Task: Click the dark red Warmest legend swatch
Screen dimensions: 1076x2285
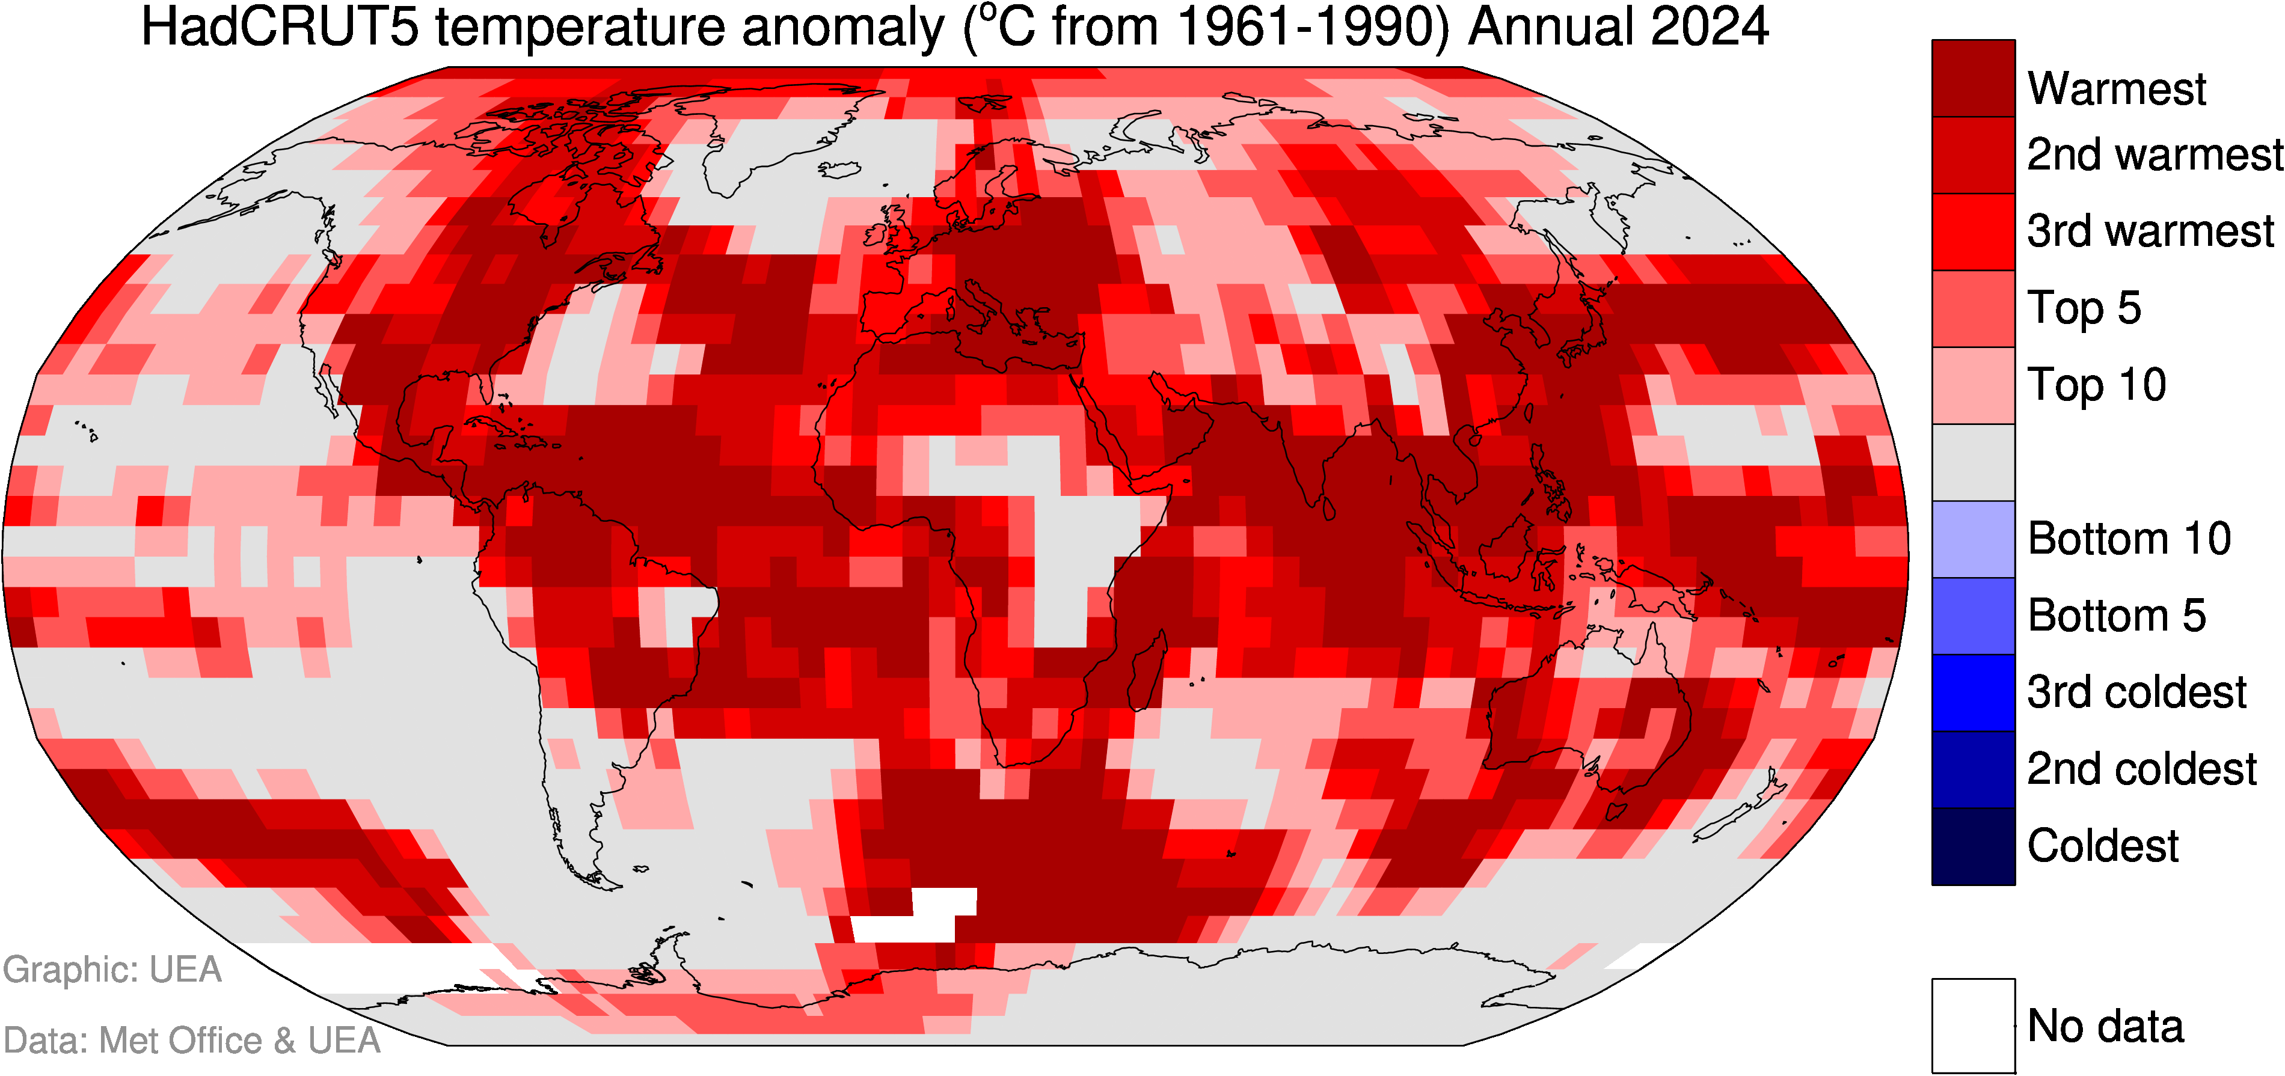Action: pyautogui.click(x=1973, y=78)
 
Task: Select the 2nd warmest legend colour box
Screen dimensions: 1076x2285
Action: pyautogui.click(x=1973, y=155)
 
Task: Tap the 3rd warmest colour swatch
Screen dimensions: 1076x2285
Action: pyautogui.click(x=1973, y=231)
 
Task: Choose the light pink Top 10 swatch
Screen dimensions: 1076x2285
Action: pyautogui.click(x=1973, y=385)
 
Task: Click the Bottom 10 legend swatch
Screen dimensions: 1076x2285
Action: pyautogui.click(x=1973, y=539)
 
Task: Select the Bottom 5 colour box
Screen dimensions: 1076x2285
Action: pyautogui.click(x=1973, y=616)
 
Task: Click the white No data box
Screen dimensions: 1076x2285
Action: pyautogui.click(x=1973, y=1026)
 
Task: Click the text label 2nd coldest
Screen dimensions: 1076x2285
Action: pyautogui.click(x=2141, y=769)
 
